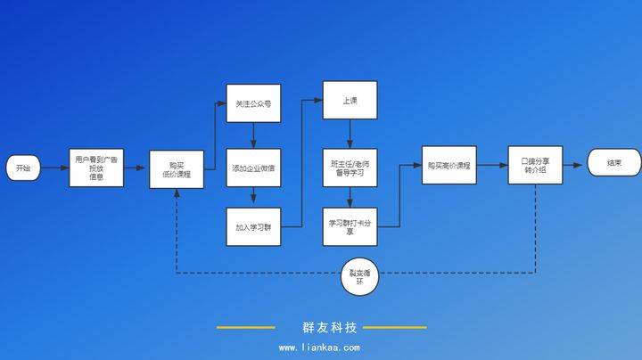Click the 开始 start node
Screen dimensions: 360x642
pos(23,168)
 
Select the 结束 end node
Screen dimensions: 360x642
pos(614,163)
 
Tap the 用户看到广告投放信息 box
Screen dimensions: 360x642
pos(96,168)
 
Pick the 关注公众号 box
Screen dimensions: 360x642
pos(253,104)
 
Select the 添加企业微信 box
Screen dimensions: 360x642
pos(253,168)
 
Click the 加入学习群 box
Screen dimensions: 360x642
pos(253,227)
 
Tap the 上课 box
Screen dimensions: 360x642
pos(349,102)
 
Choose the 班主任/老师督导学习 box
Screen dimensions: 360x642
pos(349,168)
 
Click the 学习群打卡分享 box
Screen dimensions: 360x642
pos(349,227)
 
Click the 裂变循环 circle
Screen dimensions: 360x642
pos(360,276)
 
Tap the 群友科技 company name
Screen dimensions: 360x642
pos(322,327)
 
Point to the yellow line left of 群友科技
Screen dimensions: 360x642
pos(245,328)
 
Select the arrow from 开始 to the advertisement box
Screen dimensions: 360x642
pos(53,168)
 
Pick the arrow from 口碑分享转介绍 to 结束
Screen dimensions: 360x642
pos(574,164)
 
